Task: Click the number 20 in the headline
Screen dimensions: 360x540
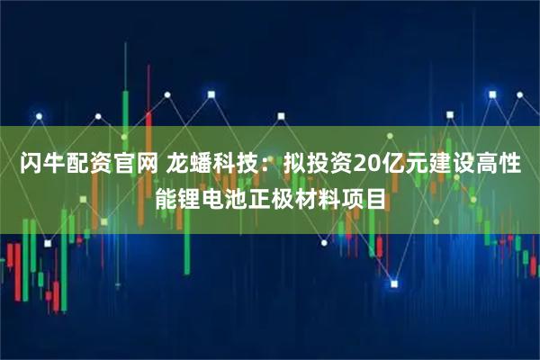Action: tap(368, 166)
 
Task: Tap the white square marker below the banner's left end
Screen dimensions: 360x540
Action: tap(20, 242)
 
